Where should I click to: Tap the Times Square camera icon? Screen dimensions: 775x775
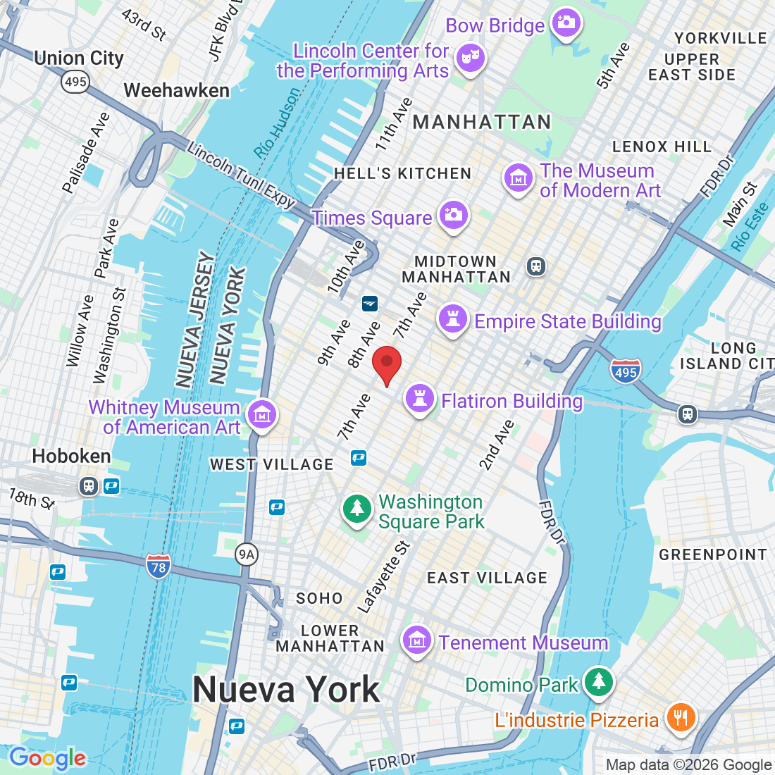pos(454,215)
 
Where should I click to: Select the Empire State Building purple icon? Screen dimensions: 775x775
pos(453,319)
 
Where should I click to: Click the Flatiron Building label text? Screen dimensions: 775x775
pos(512,402)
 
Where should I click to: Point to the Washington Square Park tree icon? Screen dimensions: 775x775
pos(357,509)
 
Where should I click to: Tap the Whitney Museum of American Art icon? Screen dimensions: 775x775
pos(262,415)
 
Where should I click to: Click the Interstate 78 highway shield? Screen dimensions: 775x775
pos(159,567)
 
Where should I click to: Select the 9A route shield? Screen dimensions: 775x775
pos(246,555)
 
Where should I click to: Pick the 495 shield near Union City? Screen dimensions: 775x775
pos(75,82)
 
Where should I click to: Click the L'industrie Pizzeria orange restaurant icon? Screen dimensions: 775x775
pos(681,717)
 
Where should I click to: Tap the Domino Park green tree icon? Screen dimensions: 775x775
pos(599,681)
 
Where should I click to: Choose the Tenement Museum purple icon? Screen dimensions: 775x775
pos(417,640)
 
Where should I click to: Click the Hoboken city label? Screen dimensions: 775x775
pos(71,457)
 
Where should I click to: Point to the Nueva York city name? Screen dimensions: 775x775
pos(286,689)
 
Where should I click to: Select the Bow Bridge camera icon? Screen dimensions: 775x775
pos(566,23)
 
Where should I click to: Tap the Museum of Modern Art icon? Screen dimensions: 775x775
pos(519,178)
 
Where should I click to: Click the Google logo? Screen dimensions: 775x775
pos(47,758)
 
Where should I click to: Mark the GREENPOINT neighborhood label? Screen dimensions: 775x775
pos(712,555)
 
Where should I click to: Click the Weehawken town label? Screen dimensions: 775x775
pos(177,91)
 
